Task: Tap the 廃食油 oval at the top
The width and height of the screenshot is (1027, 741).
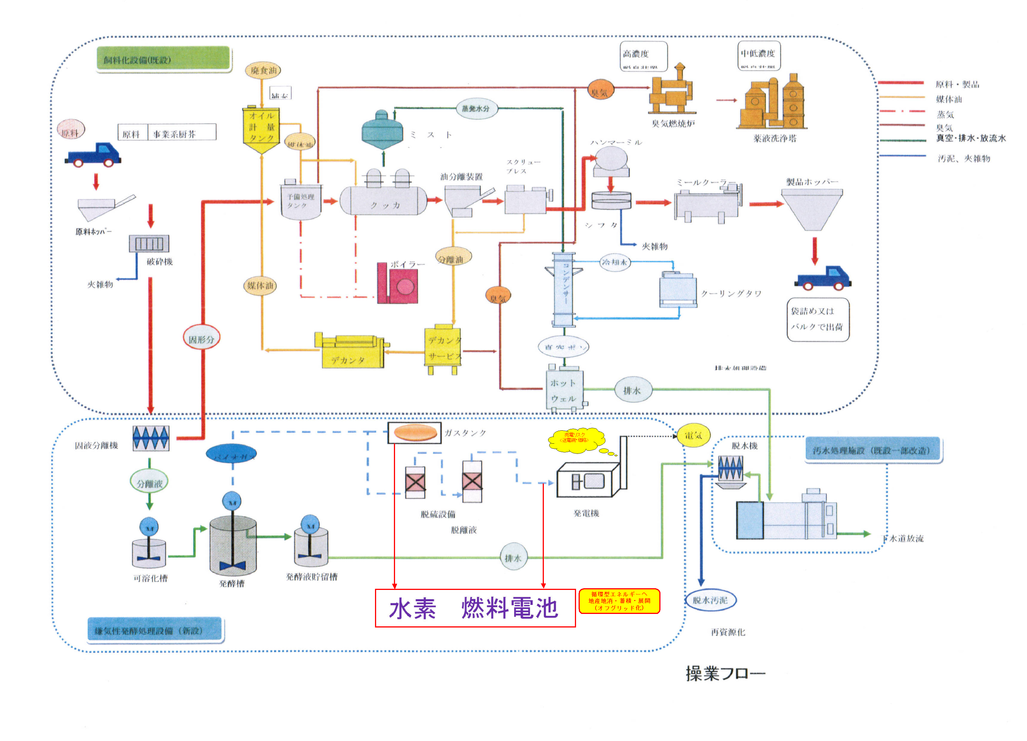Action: (263, 70)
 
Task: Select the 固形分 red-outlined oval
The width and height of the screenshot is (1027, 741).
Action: (202, 339)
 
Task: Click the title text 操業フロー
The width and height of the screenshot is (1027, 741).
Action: (725, 674)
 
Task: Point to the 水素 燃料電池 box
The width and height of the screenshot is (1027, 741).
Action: (475, 608)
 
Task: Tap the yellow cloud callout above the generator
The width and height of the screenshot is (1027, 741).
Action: (576, 440)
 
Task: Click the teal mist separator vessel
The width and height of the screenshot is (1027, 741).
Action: (382, 130)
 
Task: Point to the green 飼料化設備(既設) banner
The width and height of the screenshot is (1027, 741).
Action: (163, 59)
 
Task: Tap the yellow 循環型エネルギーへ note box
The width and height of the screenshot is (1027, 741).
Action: (619, 601)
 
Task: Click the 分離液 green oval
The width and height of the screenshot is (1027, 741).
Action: (149, 483)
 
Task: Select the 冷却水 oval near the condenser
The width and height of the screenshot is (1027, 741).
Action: (615, 262)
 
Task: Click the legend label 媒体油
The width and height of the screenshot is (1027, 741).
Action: (949, 99)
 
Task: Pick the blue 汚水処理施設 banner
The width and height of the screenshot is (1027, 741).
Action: (873, 450)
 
